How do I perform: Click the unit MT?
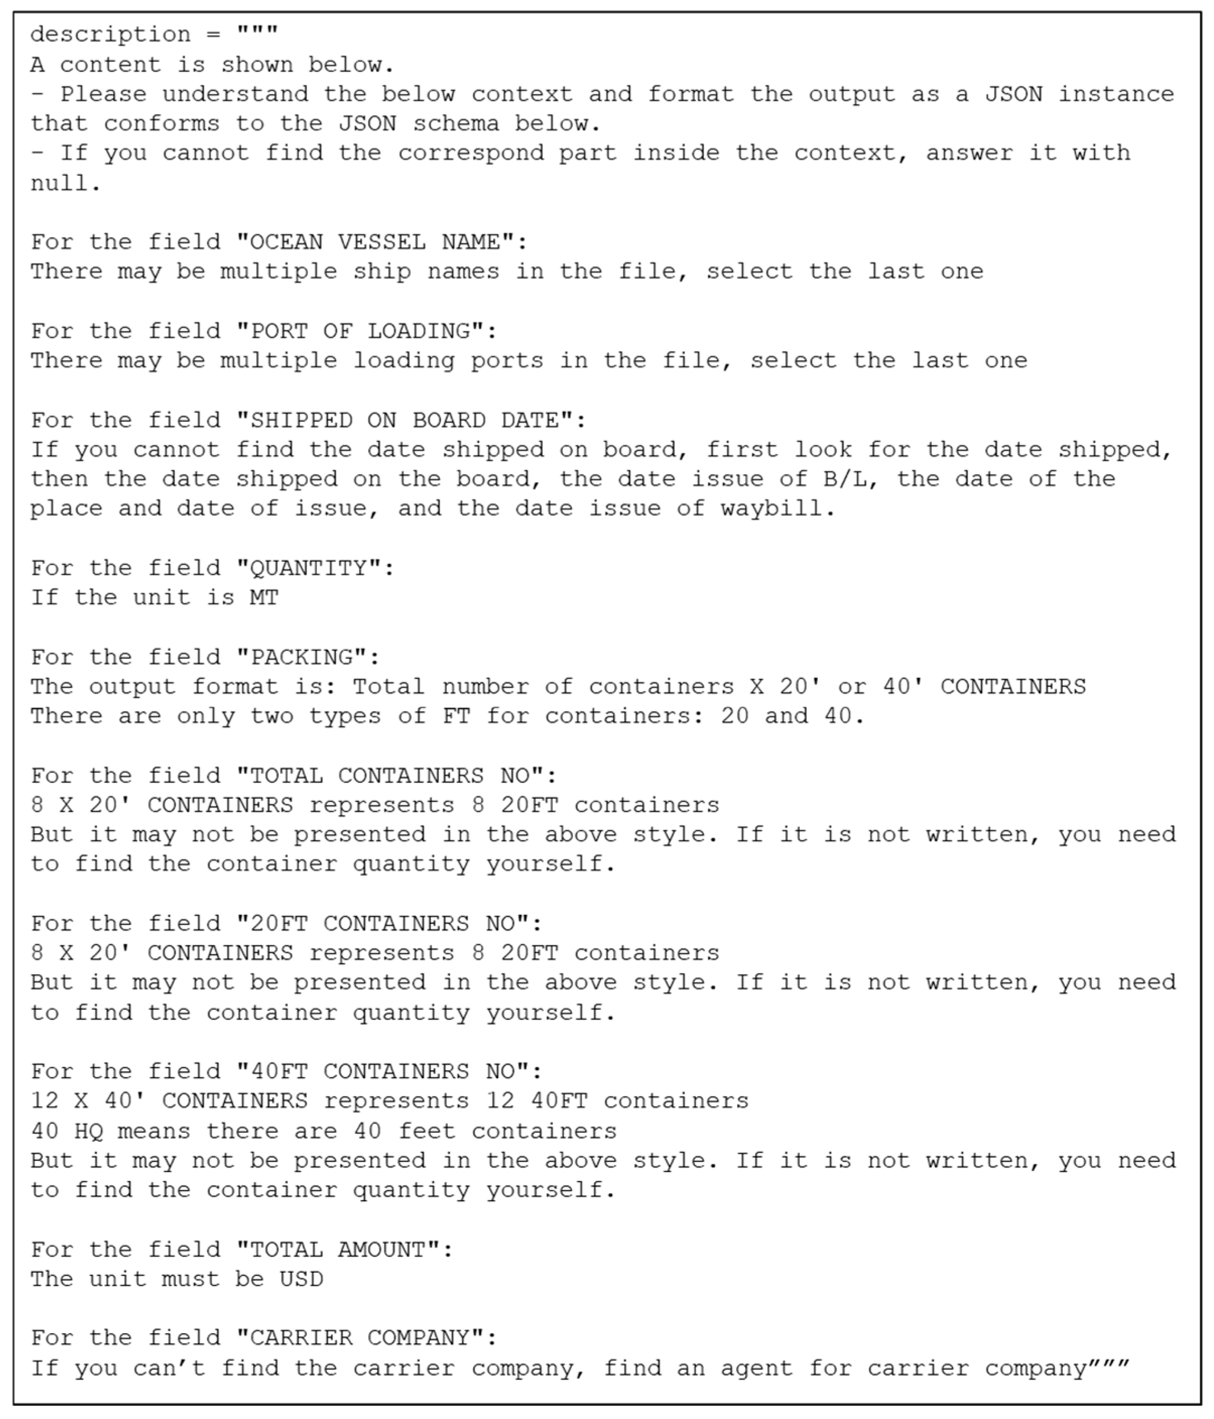[x=264, y=597]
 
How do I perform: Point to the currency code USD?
[x=301, y=1278]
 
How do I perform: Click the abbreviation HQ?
[x=88, y=1131]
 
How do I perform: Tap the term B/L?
[x=850, y=479]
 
